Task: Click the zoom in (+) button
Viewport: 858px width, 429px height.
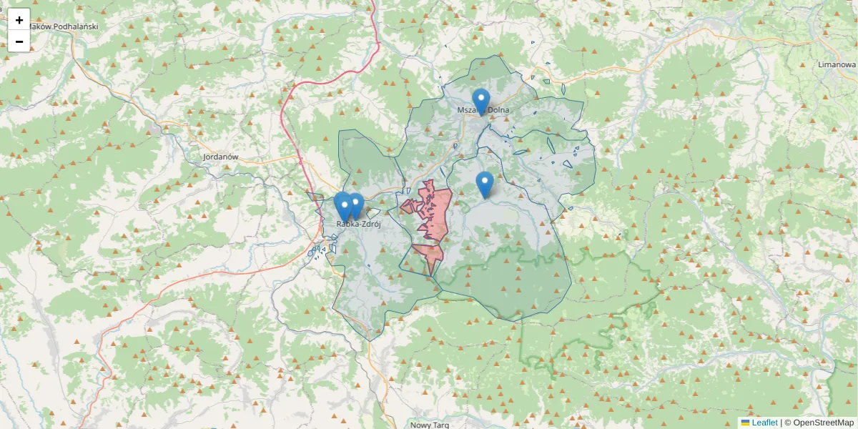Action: click(19, 20)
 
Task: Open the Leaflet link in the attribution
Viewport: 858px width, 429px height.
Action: click(764, 423)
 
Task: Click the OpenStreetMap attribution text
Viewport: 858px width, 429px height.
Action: click(823, 423)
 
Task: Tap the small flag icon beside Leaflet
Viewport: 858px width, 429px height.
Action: click(746, 423)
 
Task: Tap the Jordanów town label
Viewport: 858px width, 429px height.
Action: click(220, 156)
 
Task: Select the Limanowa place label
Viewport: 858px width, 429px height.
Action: click(837, 64)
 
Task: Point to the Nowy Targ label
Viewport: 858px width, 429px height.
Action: click(430, 425)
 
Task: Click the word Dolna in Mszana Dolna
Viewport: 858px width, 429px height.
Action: click(498, 110)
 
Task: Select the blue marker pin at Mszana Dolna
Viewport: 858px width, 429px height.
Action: click(481, 101)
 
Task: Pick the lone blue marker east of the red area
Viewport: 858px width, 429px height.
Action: click(485, 184)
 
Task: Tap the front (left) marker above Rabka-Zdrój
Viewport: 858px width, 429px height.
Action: click(344, 207)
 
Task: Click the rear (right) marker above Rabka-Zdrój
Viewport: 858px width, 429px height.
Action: click(355, 204)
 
